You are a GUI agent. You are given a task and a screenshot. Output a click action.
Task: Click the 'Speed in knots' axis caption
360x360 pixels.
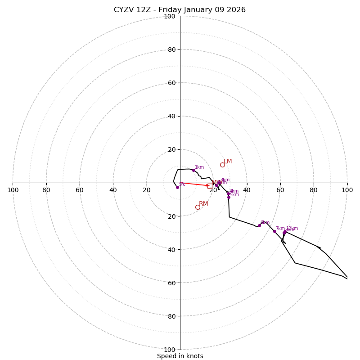coord(180,356)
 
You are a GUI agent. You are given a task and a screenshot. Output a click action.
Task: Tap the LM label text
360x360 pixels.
coord(228,162)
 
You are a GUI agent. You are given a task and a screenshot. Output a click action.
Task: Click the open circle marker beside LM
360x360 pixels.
coord(222,165)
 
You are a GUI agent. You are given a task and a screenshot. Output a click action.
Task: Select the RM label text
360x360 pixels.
coord(203,204)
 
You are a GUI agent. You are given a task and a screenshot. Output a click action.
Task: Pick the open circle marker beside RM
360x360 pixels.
coord(198,207)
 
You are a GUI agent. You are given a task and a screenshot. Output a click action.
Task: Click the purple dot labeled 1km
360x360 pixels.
coord(193,170)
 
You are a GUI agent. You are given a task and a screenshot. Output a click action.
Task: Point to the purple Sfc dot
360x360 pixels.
coord(177,187)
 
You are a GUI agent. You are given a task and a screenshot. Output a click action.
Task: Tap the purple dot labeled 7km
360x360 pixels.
coord(274,231)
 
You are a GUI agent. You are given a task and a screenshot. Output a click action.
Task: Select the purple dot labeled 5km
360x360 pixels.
coord(229,197)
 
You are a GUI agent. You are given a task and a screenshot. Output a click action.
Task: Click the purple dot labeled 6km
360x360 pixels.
coord(259,225)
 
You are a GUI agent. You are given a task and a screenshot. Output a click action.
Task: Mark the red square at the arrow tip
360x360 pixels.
coord(210,186)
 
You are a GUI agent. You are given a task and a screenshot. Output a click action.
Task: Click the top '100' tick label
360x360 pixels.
coord(170,16)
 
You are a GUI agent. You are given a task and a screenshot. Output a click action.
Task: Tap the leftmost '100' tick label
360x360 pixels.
coord(13,190)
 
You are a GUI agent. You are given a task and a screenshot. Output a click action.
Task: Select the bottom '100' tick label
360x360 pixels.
coord(170,349)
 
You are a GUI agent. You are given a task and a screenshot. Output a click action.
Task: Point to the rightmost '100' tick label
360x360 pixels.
coord(347,190)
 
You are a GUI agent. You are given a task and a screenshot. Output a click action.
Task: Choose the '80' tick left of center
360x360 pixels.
coord(46,190)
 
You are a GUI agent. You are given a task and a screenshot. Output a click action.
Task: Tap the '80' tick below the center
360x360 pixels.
coord(171,316)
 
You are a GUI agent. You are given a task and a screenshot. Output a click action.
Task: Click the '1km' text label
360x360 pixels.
coord(199,167)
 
